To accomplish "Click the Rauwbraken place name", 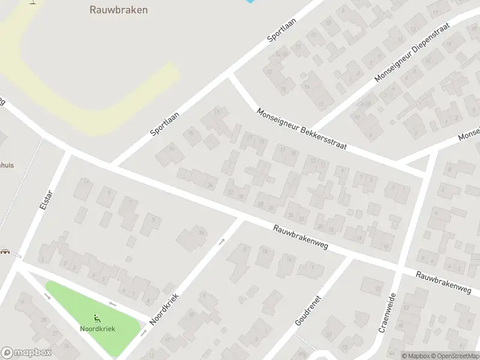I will tap(119, 10).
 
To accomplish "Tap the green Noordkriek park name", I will tap(97, 329).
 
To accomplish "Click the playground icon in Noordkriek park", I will tap(97, 319).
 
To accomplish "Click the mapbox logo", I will tap(26, 353).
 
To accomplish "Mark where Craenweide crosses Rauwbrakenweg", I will tap(400, 268).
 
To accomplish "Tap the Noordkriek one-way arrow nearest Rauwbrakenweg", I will tap(221, 242).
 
